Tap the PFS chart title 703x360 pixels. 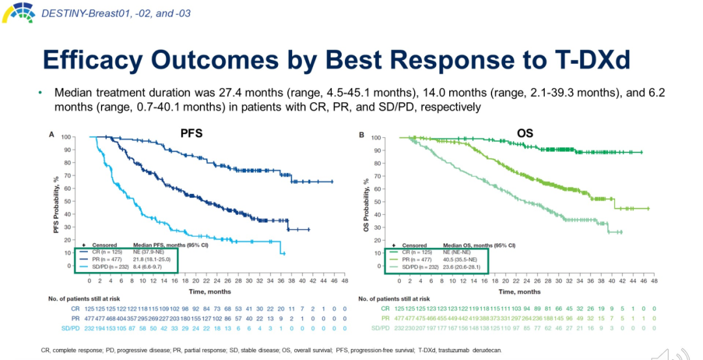[x=191, y=133]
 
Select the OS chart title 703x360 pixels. [x=525, y=133]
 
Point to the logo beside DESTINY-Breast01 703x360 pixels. [x=19, y=11]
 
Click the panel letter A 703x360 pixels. [x=52, y=134]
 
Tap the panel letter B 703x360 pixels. [x=361, y=134]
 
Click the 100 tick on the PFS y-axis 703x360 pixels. [x=66, y=137]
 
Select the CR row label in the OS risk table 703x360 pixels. [x=385, y=308]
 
